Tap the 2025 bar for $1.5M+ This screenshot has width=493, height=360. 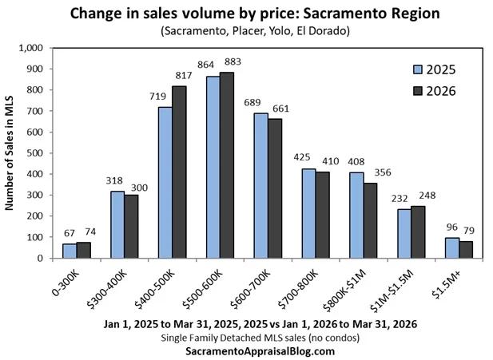(x=452, y=247)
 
